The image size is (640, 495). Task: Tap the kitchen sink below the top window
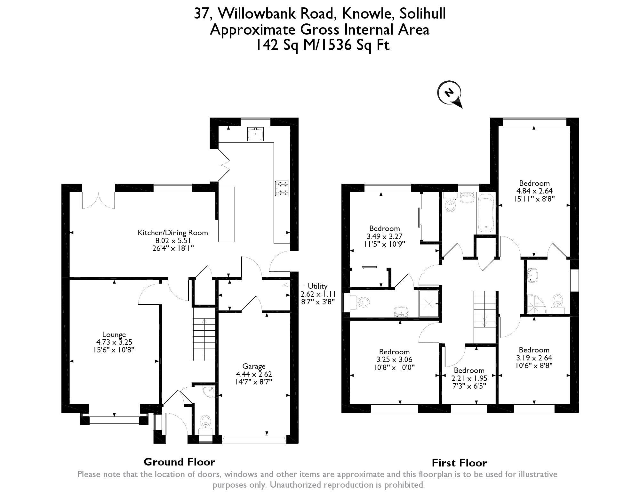tap(256, 134)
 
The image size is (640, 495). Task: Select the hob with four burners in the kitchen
tap(282, 188)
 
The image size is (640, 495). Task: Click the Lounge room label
tap(114, 335)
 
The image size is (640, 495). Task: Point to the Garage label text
tap(254, 366)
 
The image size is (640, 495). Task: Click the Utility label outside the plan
tap(317, 286)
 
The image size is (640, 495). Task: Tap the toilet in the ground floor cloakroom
tap(205, 423)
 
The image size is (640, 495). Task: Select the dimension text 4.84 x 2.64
tap(534, 191)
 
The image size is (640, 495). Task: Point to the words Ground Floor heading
tap(179, 462)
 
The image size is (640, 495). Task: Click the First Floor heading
tap(459, 463)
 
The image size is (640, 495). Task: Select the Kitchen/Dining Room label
tap(173, 233)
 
